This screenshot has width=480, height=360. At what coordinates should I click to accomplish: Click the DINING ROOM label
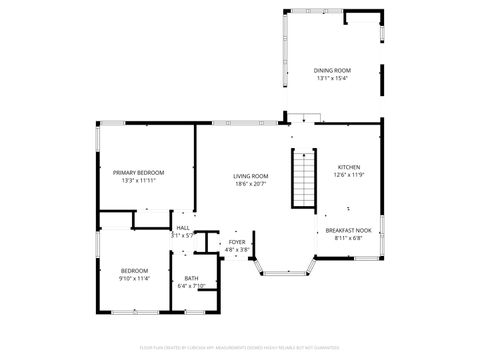click(333, 70)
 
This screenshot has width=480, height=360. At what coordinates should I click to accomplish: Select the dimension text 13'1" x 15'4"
click(333, 78)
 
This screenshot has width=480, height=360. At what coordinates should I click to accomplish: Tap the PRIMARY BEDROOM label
click(139, 173)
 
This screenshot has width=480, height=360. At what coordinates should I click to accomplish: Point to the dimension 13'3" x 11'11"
click(139, 181)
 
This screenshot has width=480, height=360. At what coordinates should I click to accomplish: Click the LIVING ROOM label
click(251, 176)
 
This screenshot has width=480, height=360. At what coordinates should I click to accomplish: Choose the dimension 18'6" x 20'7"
click(251, 184)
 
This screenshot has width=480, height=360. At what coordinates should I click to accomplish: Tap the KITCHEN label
click(348, 167)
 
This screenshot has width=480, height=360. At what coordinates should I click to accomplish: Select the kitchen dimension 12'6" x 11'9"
click(348, 175)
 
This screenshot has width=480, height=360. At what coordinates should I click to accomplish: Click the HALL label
click(183, 228)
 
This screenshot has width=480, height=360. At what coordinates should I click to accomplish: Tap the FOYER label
click(237, 242)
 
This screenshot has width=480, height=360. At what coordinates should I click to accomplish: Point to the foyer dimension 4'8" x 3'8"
click(237, 250)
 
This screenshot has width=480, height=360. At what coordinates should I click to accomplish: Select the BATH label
click(191, 278)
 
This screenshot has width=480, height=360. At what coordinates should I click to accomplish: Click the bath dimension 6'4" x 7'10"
click(191, 286)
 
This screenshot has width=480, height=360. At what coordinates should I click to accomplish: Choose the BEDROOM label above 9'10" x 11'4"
click(135, 270)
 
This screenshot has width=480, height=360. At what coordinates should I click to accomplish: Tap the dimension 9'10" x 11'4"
click(135, 278)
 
